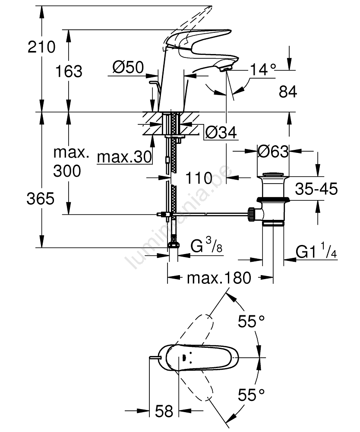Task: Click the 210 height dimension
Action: [x=41, y=46]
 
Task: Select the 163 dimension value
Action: [x=69, y=71]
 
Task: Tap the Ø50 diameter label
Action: [x=128, y=67]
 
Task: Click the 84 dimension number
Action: [x=288, y=92]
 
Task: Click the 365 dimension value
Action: [x=41, y=199]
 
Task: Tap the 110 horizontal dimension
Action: [x=199, y=178]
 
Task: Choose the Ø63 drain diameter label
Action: [x=273, y=152]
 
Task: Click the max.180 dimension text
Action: [x=219, y=279]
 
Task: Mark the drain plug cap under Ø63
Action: [x=273, y=175]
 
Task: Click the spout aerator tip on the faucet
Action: [x=225, y=68]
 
